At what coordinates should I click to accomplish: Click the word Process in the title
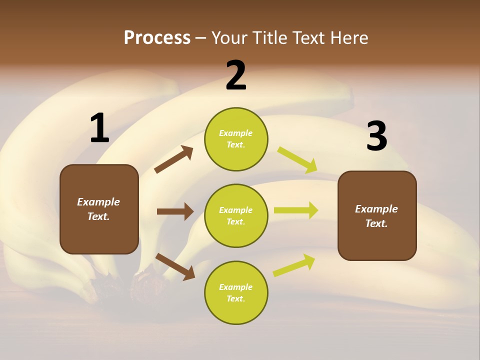157,38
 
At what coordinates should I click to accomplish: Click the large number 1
99,128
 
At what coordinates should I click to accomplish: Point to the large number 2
236,75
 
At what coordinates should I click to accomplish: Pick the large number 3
377,136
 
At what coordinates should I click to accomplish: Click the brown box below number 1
99,209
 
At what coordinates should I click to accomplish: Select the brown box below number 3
377,216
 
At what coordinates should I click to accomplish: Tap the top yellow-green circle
236,139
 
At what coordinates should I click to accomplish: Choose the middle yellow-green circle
236,215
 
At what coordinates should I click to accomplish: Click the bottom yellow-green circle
236,292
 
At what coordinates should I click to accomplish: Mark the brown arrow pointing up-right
174,159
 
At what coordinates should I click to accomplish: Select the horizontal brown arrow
175,211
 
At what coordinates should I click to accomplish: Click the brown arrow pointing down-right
175,266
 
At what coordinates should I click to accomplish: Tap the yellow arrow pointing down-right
297,160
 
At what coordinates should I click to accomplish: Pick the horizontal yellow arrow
296,210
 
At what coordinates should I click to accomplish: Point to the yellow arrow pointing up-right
294,265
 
